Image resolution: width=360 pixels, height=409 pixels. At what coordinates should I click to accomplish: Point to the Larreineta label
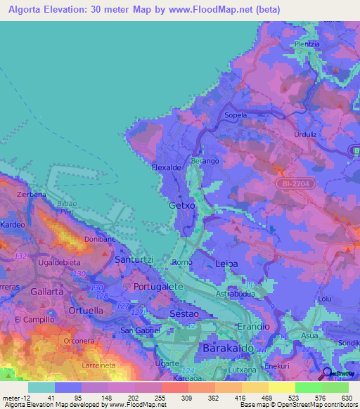click(98, 366)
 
